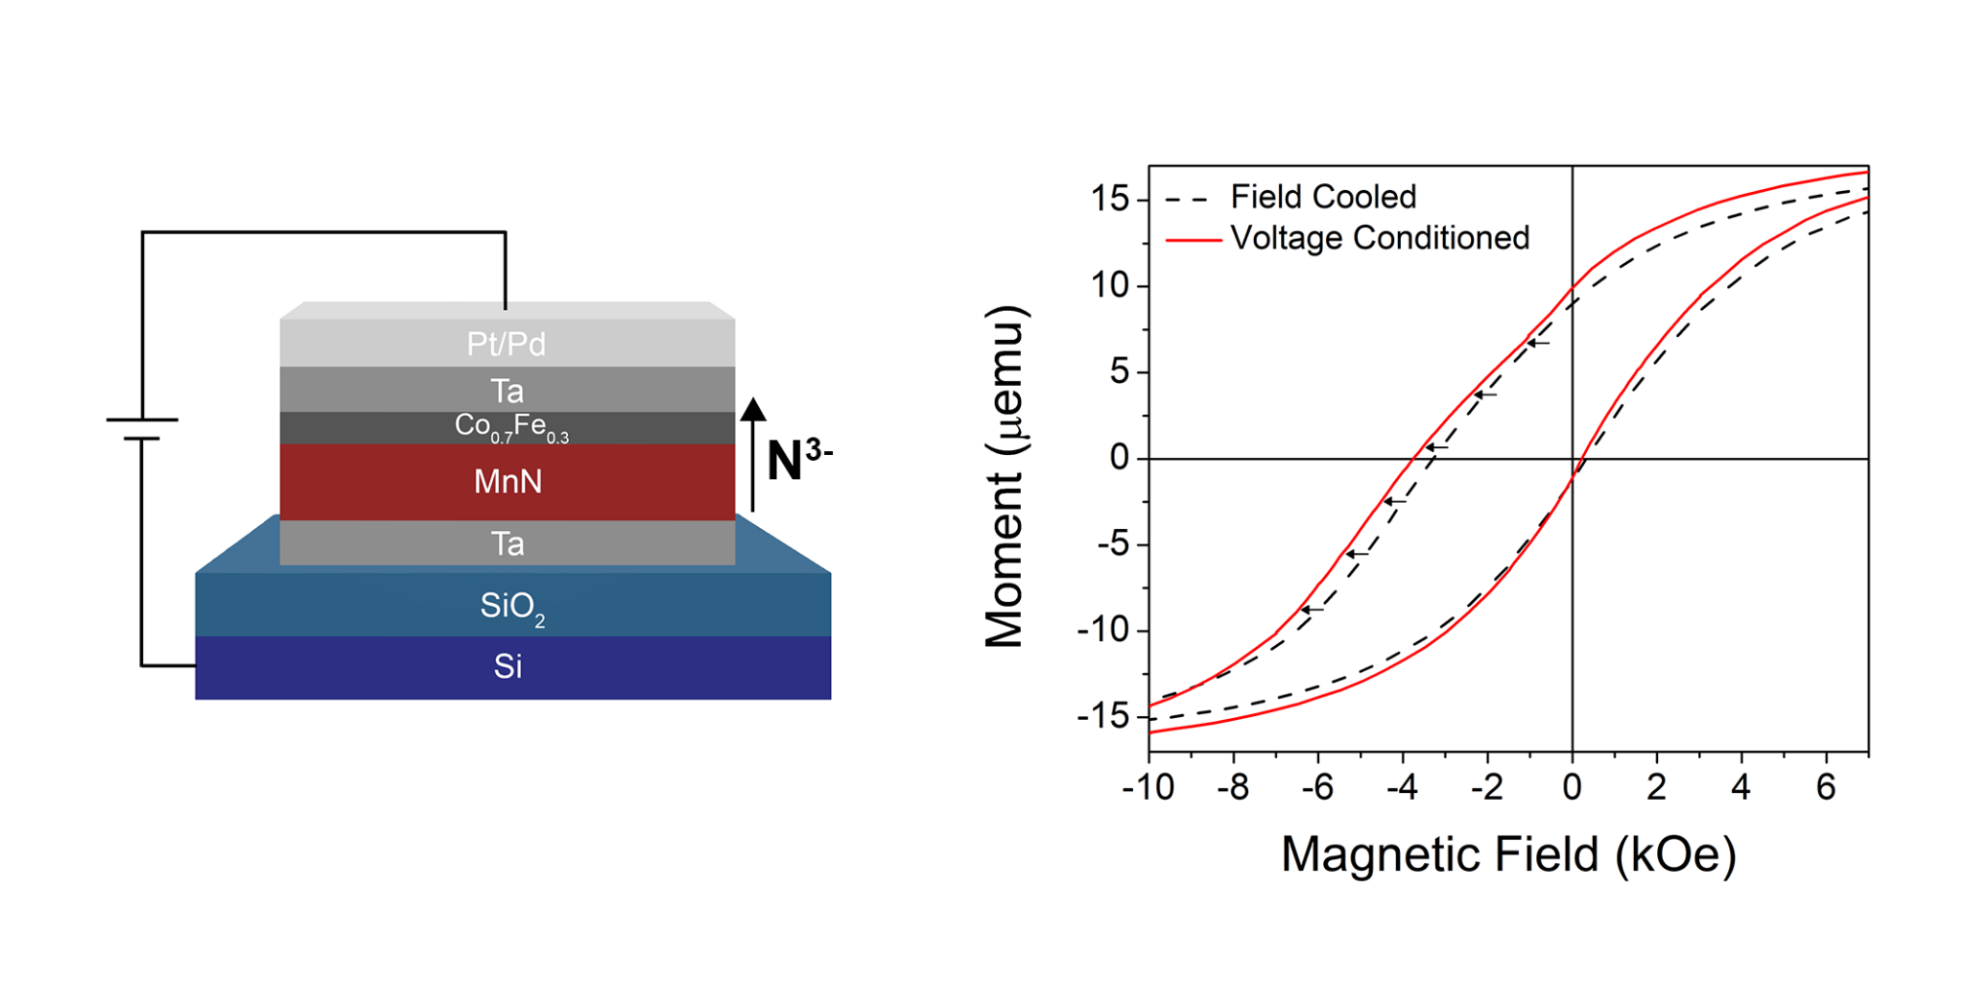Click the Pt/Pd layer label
[x=506, y=344]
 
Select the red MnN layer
[x=508, y=481]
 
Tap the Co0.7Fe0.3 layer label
[x=511, y=426]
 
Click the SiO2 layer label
[x=512, y=607]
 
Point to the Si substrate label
[x=508, y=666]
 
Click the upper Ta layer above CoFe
[x=507, y=391]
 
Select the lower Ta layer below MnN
[x=508, y=544]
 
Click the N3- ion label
[x=798, y=459]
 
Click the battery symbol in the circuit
[x=142, y=429]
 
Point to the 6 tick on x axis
[x=1825, y=788]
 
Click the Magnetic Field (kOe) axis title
[x=1507, y=854]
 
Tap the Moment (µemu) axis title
[x=1006, y=477]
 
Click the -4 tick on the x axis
[x=1402, y=788]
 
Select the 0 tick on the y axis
[x=1119, y=459]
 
